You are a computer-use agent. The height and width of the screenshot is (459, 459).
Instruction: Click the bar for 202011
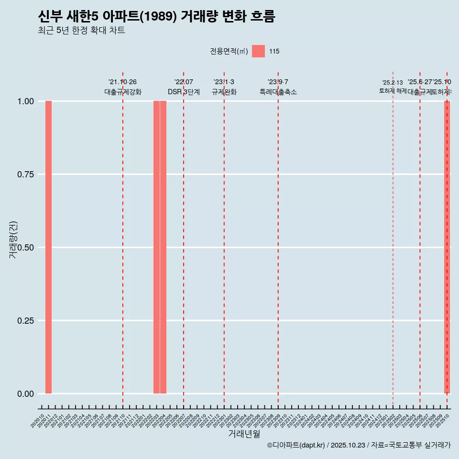coord(48,247)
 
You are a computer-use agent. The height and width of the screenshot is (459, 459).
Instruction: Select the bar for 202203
coord(156,247)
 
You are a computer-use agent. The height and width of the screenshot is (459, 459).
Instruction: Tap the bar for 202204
coord(163,247)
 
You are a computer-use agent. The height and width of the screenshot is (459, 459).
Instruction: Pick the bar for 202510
coord(447,247)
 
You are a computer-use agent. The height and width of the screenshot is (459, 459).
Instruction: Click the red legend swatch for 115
coord(258,51)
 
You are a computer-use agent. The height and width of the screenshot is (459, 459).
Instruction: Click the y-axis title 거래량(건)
coord(13,239)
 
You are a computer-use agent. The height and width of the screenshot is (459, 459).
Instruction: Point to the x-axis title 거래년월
coord(244,434)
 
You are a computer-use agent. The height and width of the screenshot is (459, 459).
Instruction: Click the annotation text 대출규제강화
coord(123,92)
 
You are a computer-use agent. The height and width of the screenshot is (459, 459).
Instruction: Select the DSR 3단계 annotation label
coord(184,92)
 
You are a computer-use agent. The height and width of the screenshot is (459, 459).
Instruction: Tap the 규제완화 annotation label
coord(224,92)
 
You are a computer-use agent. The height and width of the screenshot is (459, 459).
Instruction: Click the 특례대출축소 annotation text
coord(278,92)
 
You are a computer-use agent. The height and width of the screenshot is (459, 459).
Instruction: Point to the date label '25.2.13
coord(393,83)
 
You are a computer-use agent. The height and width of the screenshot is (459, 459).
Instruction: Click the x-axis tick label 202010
coord(38,421)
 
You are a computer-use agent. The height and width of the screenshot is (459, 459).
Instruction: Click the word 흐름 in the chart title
coord(262,17)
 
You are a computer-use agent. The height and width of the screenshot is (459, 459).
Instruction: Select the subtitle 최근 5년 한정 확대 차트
coord(81,31)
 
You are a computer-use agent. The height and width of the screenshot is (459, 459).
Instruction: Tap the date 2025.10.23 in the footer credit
coord(348,445)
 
